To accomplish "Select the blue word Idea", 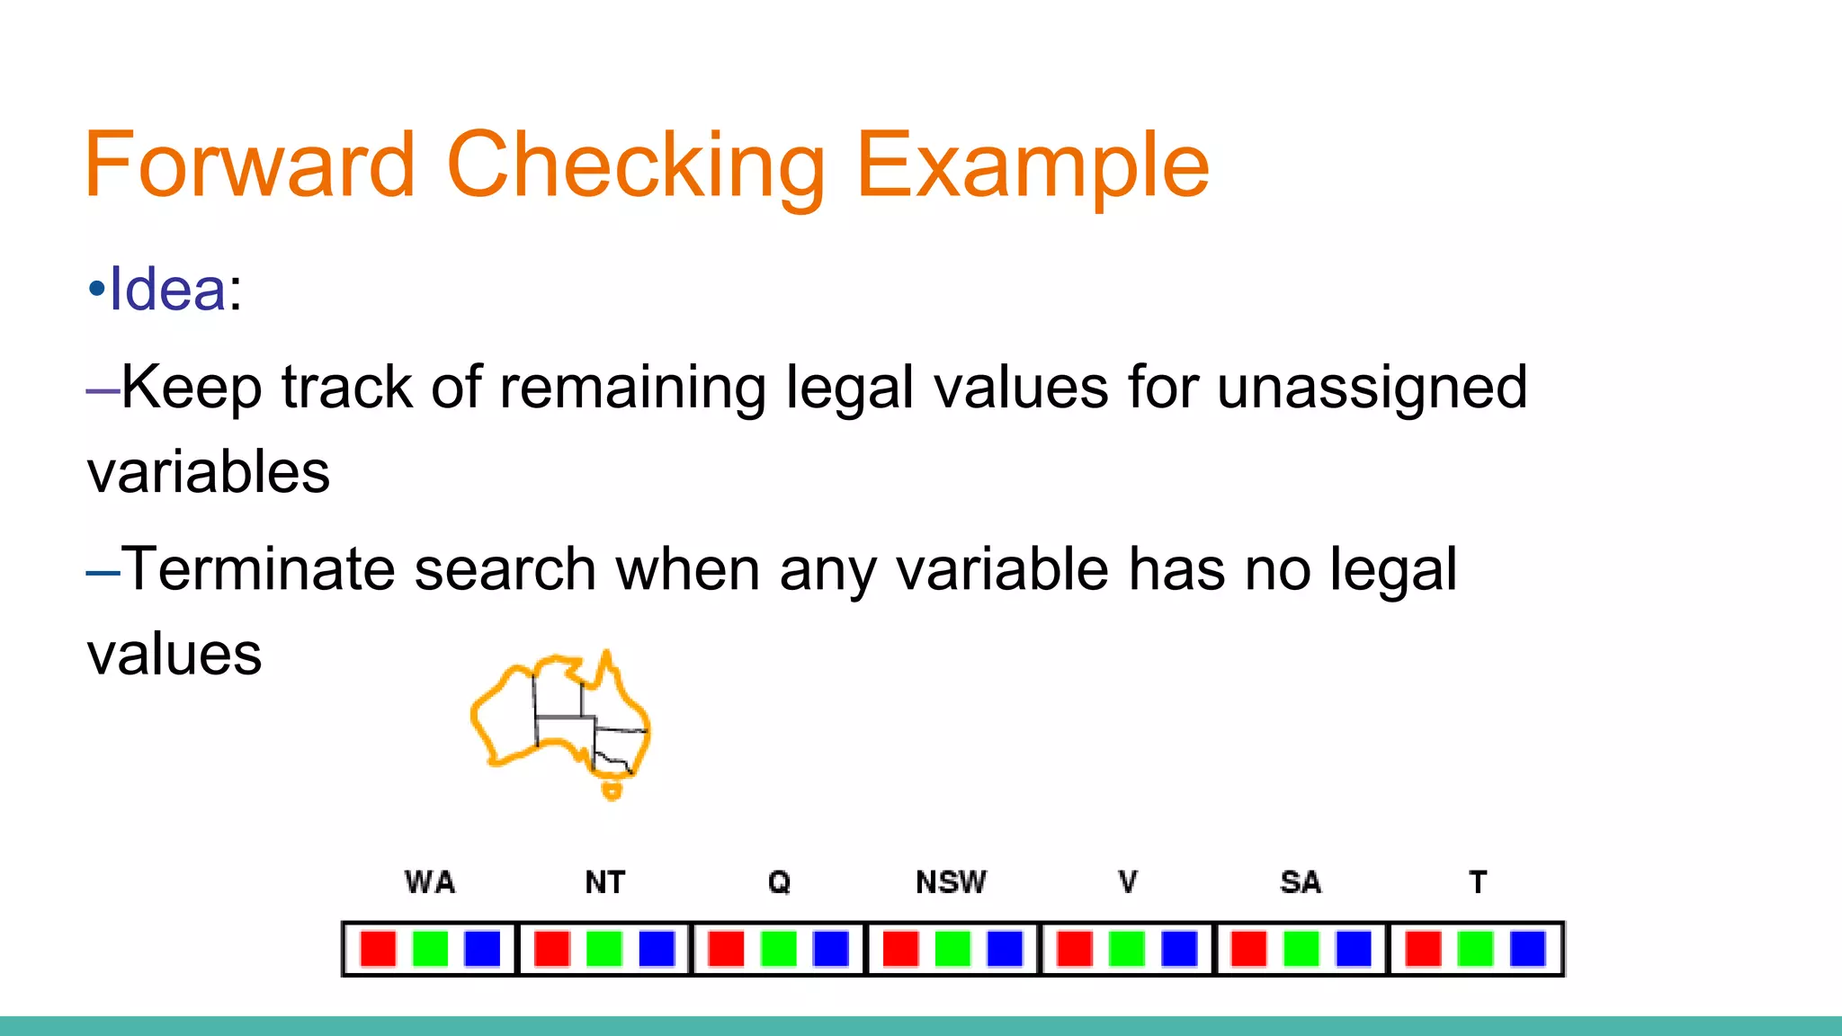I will click(x=167, y=290).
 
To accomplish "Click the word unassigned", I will click(x=1371, y=388).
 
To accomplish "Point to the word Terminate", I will click(x=259, y=569).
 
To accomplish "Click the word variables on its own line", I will click(x=209, y=472).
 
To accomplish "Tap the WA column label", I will click(x=430, y=882).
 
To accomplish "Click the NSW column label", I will click(x=951, y=882).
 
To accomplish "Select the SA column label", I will click(x=1301, y=882).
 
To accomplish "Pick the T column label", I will click(x=1477, y=882).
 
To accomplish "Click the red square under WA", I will click(x=378, y=949).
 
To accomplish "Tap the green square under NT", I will click(x=604, y=949).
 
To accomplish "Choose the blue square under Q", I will click(x=830, y=949).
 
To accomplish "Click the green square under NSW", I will click(x=952, y=949).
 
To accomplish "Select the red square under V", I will click(x=1074, y=949).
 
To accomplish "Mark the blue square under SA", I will click(x=1353, y=949).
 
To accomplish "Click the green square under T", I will click(x=1475, y=949).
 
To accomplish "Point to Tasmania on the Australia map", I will click(x=613, y=790).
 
